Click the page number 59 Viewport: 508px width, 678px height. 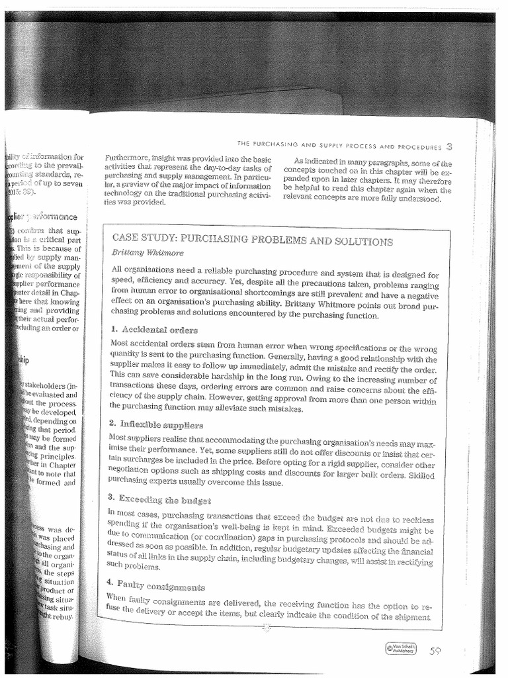tap(435, 651)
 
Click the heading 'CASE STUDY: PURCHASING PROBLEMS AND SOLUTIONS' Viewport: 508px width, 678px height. tap(253, 239)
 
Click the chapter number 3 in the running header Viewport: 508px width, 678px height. tap(450, 146)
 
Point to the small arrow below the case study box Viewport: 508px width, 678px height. tap(267, 626)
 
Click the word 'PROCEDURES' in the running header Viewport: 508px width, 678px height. tap(417, 147)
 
